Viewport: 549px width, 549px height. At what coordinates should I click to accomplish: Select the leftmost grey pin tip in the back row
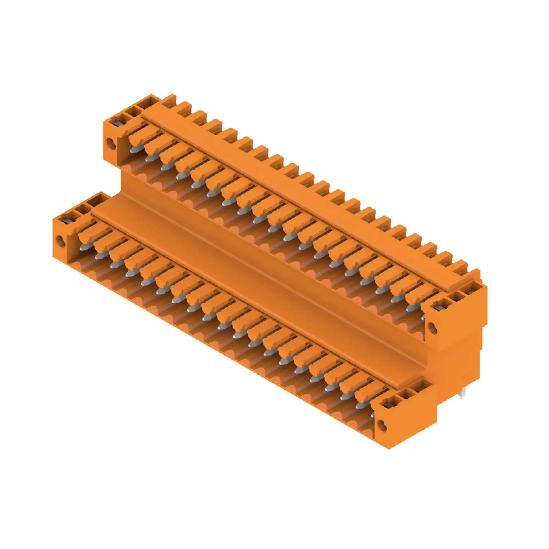(135, 150)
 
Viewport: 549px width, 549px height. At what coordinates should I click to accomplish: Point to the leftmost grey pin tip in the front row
(83, 247)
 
